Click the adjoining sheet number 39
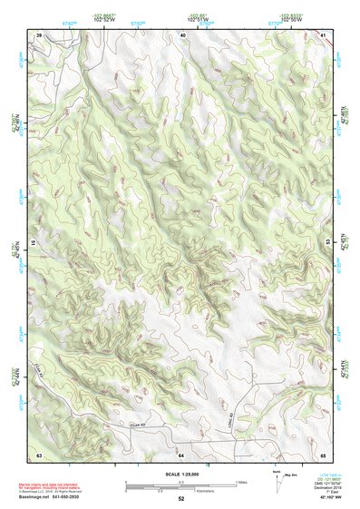tap(39, 34)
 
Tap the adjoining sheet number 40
tap(182, 34)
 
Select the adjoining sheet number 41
tap(324, 34)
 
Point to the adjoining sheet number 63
tap(39, 453)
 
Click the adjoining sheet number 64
tap(181, 453)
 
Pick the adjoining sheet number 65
tap(324, 453)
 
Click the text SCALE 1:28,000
tap(181, 474)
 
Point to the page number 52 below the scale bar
tap(181, 498)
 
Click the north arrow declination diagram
tap(277, 482)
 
